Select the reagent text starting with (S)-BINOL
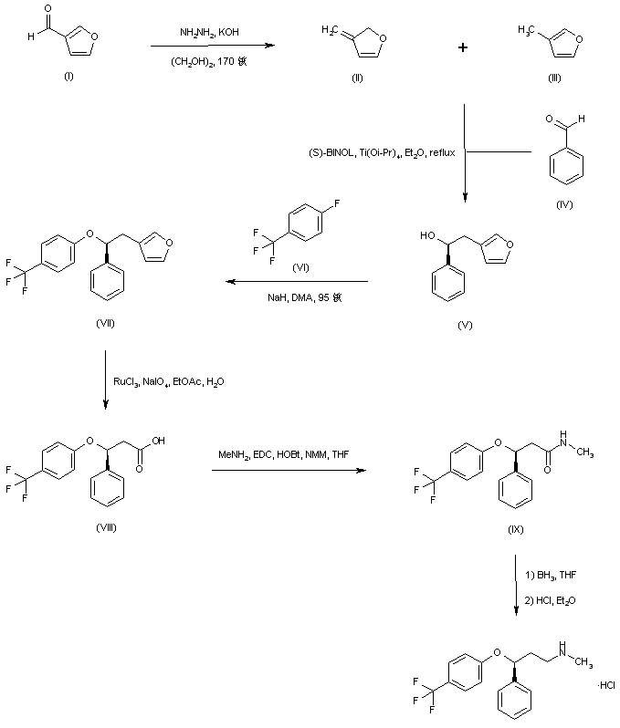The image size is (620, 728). [382, 152]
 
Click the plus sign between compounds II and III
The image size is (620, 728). [463, 47]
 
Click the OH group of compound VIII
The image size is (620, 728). [159, 439]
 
